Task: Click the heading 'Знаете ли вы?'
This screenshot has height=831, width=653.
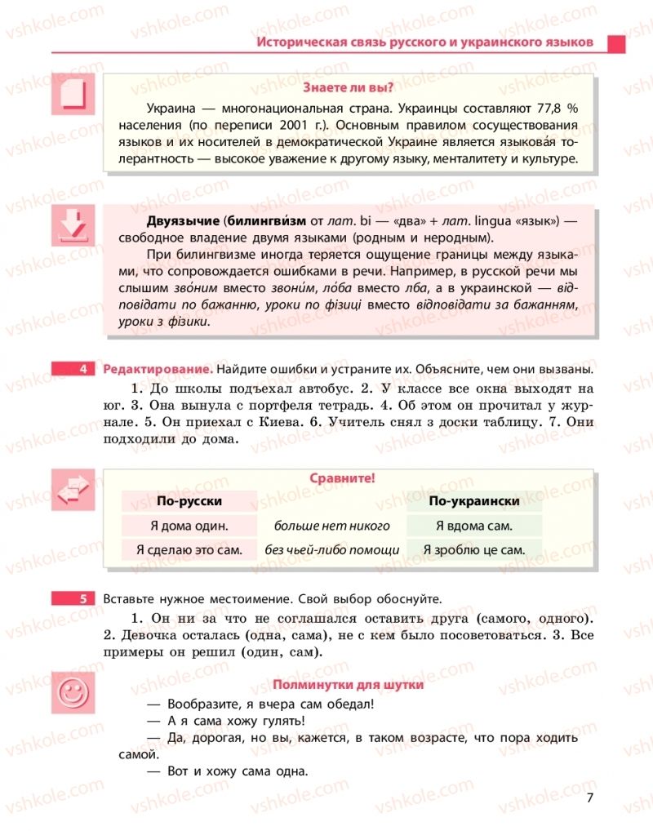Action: pos(348,88)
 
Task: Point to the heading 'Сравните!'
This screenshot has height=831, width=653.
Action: pos(342,479)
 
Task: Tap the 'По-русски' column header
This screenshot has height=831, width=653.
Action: pos(189,501)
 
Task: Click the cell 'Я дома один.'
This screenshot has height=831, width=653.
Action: pos(189,526)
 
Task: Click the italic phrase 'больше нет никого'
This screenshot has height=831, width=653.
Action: pos(331,526)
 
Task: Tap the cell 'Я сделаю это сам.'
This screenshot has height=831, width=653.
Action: pos(189,550)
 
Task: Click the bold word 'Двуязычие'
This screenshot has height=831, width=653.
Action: pos(181,220)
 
